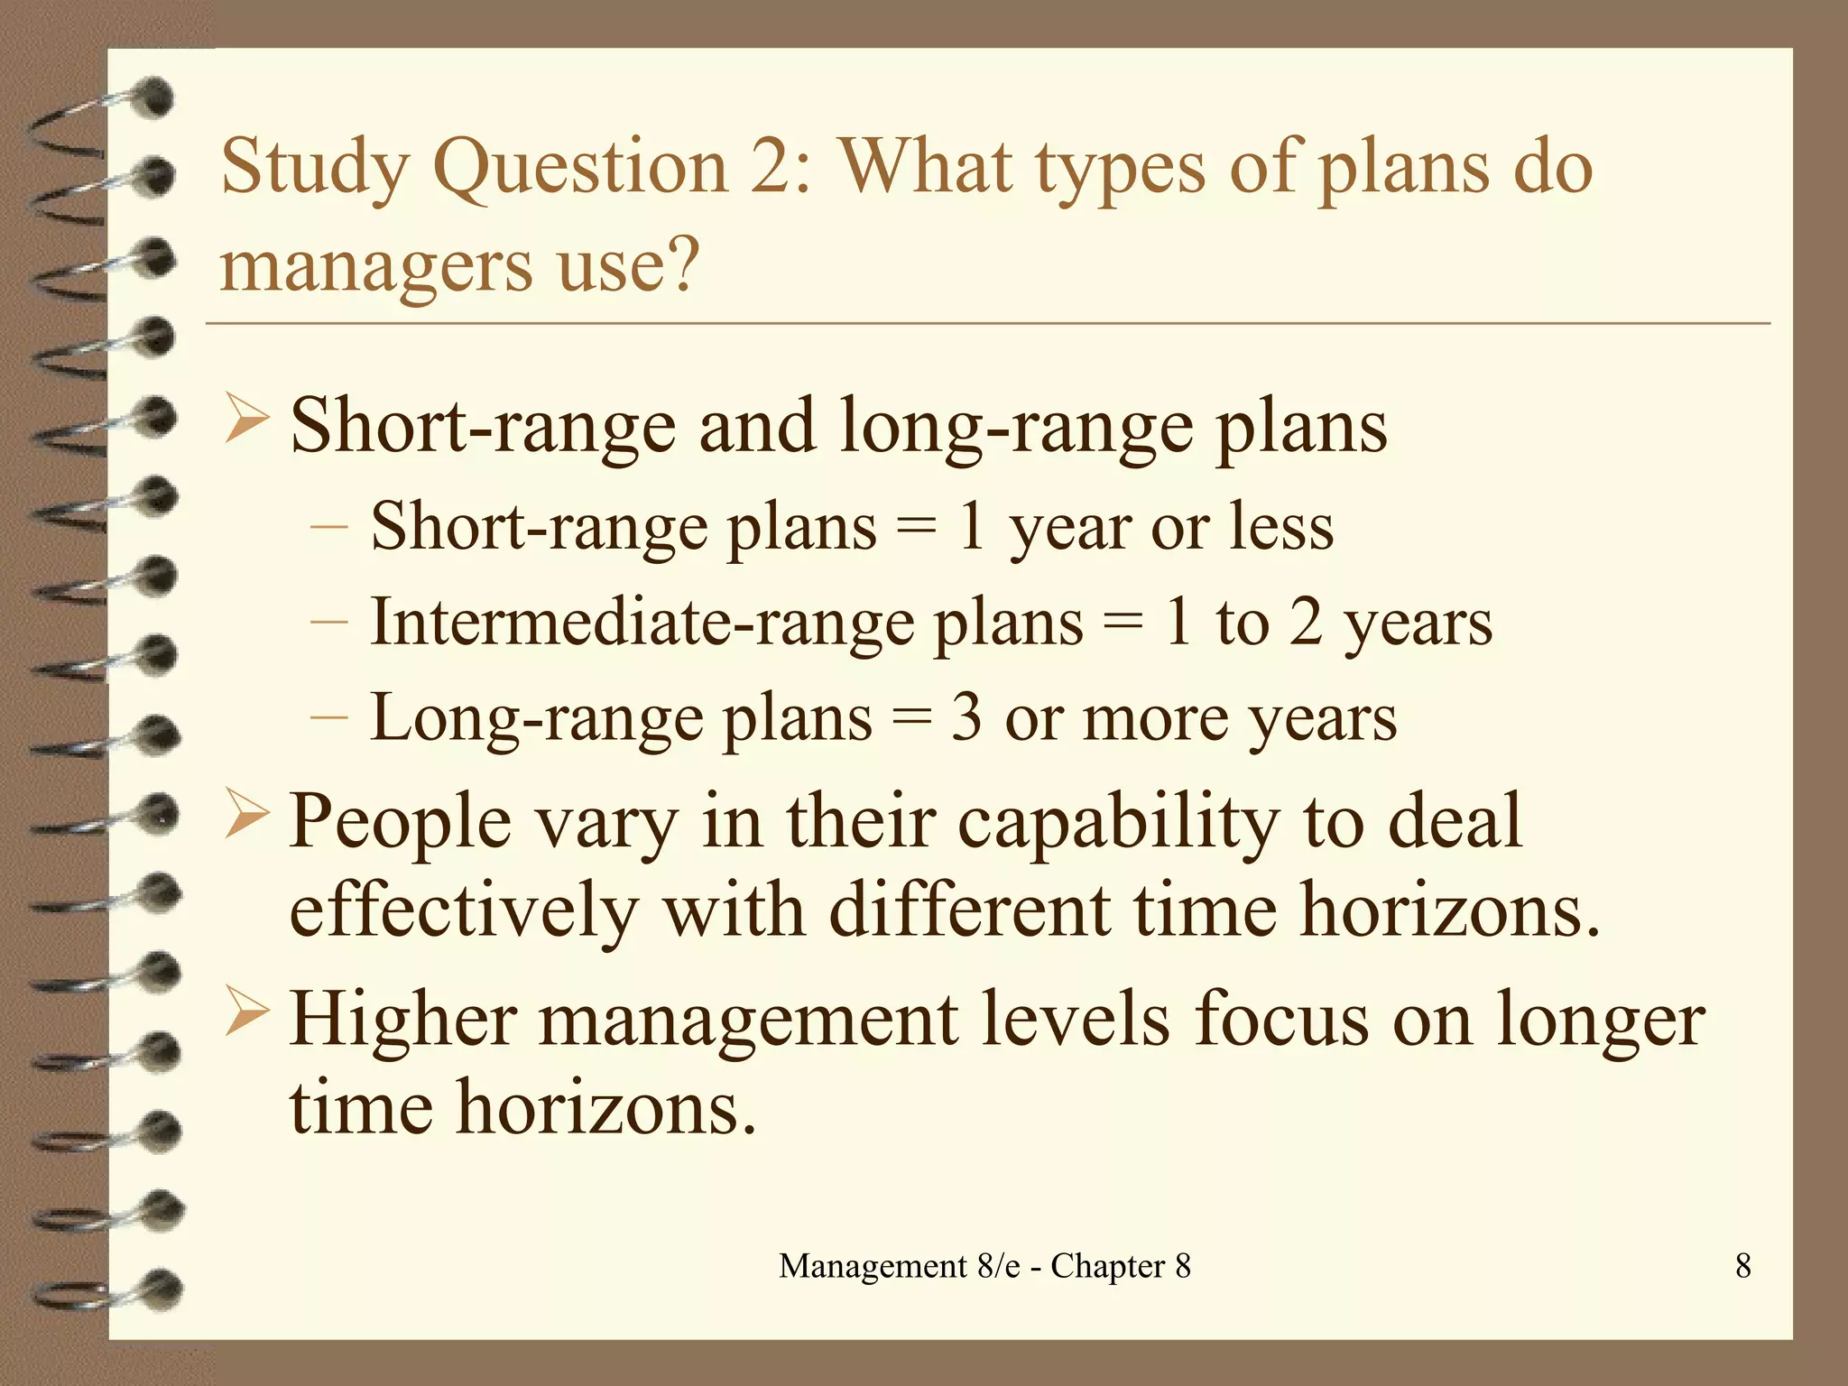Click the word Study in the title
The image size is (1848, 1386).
[315, 169]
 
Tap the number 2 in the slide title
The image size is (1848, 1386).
[772, 167]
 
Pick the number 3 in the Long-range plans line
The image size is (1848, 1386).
[966, 718]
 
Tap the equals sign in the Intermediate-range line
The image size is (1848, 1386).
[1123, 624]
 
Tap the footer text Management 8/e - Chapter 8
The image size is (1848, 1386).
[984, 1266]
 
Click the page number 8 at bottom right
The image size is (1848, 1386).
[1742, 1266]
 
